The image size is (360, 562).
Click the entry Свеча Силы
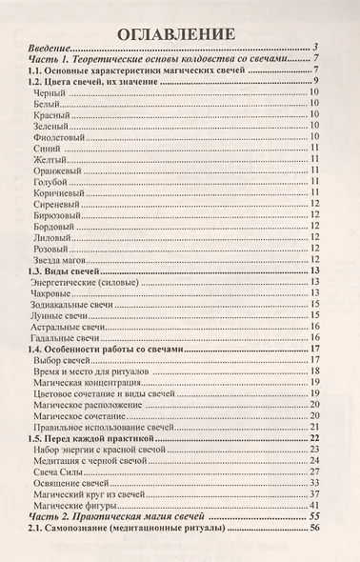point(58,485)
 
